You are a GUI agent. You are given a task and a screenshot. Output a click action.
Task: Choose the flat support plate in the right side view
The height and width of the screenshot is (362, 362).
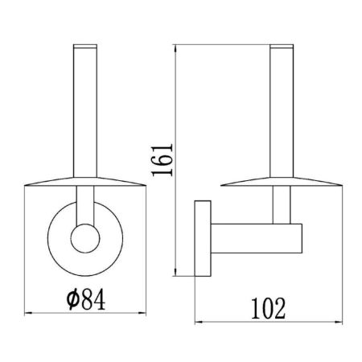[x=282, y=183]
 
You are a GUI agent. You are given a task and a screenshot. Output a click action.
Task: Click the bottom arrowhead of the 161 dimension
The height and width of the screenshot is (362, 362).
[x=178, y=274]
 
